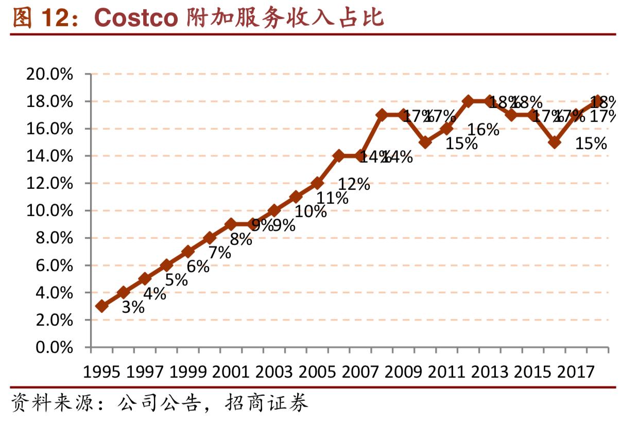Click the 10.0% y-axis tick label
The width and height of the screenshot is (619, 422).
point(49,211)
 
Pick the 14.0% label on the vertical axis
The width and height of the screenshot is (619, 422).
point(49,156)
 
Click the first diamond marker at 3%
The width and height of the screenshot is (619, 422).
point(102,306)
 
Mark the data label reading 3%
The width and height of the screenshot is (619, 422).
point(133,307)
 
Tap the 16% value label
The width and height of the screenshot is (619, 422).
point(484,130)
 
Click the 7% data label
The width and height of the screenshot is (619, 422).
point(220,253)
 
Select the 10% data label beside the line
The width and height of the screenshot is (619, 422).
point(311,212)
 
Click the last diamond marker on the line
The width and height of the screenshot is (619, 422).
point(597,101)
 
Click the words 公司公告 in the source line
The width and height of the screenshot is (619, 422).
point(158,403)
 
